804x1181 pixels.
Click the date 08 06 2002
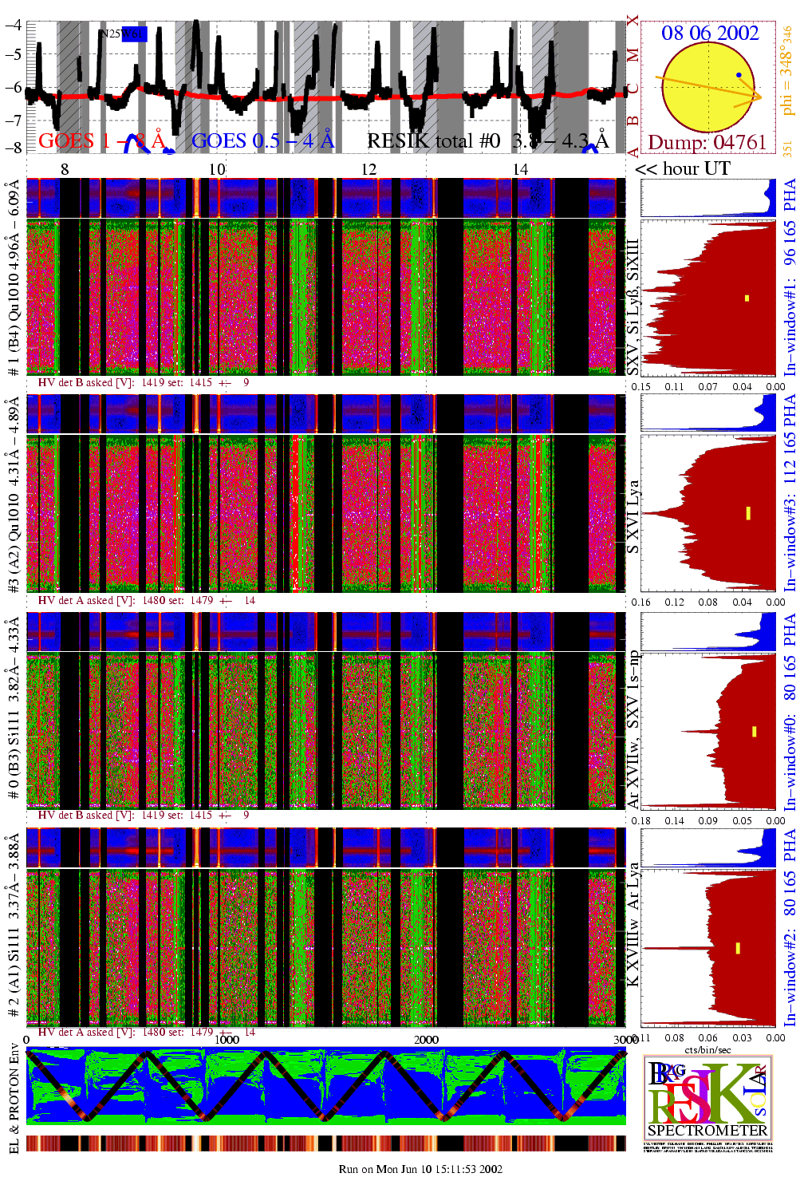[710, 34]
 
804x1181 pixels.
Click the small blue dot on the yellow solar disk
[739, 75]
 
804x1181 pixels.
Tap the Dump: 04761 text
[707, 142]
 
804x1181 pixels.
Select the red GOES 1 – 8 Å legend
[101, 141]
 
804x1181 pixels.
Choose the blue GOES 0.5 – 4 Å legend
[262, 141]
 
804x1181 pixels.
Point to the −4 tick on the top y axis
[14, 25]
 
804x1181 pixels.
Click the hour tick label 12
[368, 169]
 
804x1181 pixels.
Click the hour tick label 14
[520, 169]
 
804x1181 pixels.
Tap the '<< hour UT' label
[683, 168]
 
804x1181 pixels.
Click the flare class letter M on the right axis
[633, 55]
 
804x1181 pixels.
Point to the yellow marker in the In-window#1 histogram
[747, 298]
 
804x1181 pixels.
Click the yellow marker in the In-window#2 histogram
[738, 948]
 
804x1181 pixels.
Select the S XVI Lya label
[633, 516]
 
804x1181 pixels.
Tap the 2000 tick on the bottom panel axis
[426, 1039]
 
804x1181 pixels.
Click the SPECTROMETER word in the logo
[707, 1130]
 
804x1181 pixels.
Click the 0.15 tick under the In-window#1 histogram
[640, 386]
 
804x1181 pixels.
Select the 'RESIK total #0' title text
[433, 141]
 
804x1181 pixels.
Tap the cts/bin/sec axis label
[707, 1049]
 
